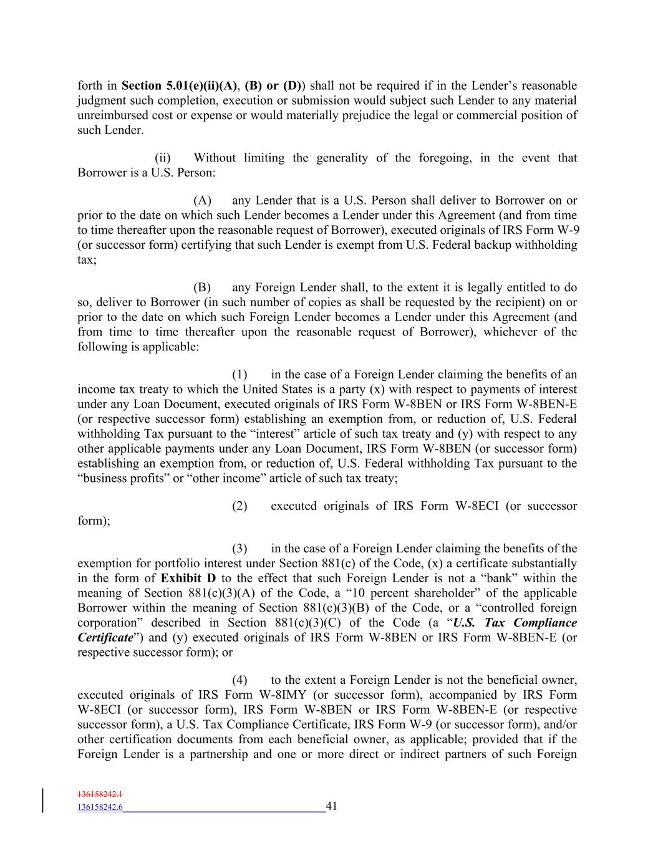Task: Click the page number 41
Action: point(331,806)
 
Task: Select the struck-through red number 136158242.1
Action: point(100,795)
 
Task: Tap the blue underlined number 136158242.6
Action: point(100,807)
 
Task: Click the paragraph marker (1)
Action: point(240,374)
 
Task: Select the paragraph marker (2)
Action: point(240,506)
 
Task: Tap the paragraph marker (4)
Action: point(240,680)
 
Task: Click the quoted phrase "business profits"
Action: point(125,478)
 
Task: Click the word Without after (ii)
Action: point(215,158)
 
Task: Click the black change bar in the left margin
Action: point(43,801)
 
